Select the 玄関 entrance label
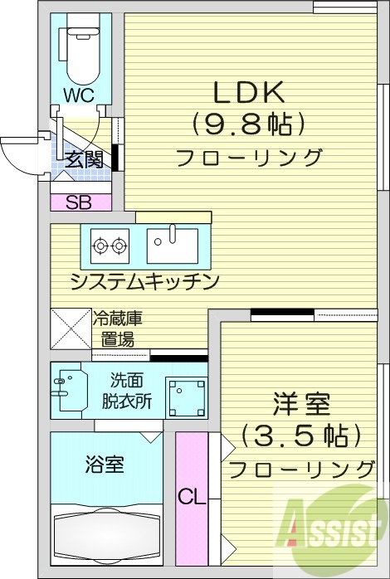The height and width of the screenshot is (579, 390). tap(86, 158)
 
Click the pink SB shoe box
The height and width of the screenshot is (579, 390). tap(80, 202)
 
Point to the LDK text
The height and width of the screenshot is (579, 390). tap(251, 91)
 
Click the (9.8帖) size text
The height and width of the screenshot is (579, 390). tap(249, 124)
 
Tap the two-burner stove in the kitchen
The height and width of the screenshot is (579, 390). tap(110, 245)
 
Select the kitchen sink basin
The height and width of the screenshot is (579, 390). tap(173, 244)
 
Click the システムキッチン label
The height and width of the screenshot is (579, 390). tap(144, 281)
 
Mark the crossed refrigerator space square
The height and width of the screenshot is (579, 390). tap(71, 328)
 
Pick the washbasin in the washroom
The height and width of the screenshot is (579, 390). tap(68, 388)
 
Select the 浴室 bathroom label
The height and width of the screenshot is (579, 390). tap(105, 465)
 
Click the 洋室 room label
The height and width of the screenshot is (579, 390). tap(302, 406)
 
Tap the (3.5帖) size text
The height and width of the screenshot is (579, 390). tap(300, 435)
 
